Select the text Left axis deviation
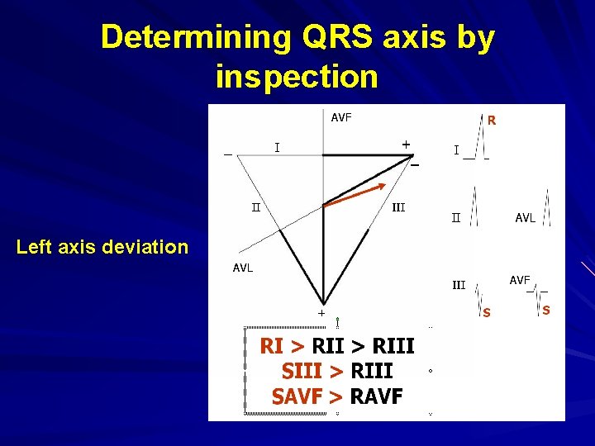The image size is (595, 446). coord(102,246)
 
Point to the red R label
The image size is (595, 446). coord(491,121)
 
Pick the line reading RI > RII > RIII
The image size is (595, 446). coord(337,345)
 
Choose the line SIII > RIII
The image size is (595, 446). coord(337,371)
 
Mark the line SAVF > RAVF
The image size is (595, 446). coord(337,397)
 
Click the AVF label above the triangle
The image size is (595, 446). coord(341,117)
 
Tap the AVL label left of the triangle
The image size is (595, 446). coord(243,268)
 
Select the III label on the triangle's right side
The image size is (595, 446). coord(397,207)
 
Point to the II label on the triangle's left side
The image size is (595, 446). coord(257,206)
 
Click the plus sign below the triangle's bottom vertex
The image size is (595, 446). coord(322,313)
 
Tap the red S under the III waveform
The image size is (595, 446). coord(486,312)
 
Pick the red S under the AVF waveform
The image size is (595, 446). coord(546,310)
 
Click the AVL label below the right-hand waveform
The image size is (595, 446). coord(525,218)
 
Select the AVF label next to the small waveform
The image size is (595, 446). coord(520,281)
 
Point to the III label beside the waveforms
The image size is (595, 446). coord(458,285)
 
